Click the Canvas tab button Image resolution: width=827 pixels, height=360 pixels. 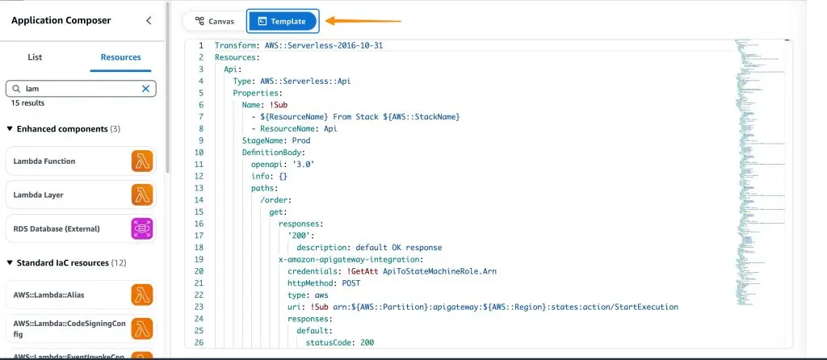pos(214,22)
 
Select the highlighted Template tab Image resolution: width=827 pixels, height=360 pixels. pos(282,22)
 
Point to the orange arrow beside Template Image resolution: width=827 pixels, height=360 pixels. pos(363,21)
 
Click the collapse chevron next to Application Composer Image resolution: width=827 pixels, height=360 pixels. pos(148,21)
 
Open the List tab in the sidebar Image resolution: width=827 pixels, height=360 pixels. pos(35,57)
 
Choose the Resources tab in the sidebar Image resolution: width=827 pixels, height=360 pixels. pos(120,57)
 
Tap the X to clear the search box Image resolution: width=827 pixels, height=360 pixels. pos(146,89)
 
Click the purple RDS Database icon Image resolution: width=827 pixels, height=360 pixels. pos(142,228)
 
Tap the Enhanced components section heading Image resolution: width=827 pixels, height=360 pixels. pos(62,129)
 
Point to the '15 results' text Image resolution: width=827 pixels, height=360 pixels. pos(27,103)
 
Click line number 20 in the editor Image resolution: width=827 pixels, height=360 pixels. pos(199,271)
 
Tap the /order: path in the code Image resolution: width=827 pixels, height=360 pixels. pos(275,199)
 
